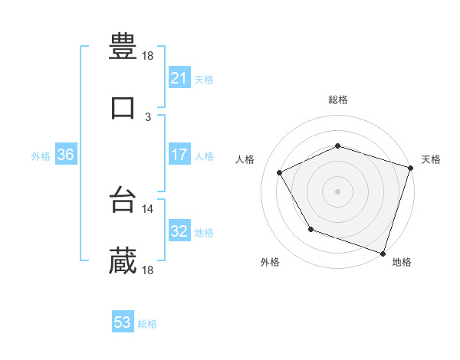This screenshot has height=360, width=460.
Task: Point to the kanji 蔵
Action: tap(123, 261)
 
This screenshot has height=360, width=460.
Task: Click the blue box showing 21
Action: tap(179, 78)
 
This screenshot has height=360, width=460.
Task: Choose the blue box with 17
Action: tap(179, 155)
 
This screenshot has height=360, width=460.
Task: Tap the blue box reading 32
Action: tap(179, 231)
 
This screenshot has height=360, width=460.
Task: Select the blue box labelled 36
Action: tap(65, 155)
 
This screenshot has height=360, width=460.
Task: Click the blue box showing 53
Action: tap(122, 322)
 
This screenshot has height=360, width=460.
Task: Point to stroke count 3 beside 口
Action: tap(148, 116)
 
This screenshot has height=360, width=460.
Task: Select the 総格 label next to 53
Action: tap(147, 324)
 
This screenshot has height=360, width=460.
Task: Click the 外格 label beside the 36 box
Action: tap(41, 155)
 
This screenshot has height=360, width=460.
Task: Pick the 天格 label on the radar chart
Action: tap(431, 159)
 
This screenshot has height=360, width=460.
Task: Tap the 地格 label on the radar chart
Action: tap(402, 263)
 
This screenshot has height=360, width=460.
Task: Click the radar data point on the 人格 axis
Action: tap(280, 173)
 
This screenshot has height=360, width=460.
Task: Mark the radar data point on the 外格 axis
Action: tap(310, 229)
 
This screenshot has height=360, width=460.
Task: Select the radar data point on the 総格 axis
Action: tap(338, 146)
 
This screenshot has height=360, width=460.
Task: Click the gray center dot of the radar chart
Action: tap(338, 191)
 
